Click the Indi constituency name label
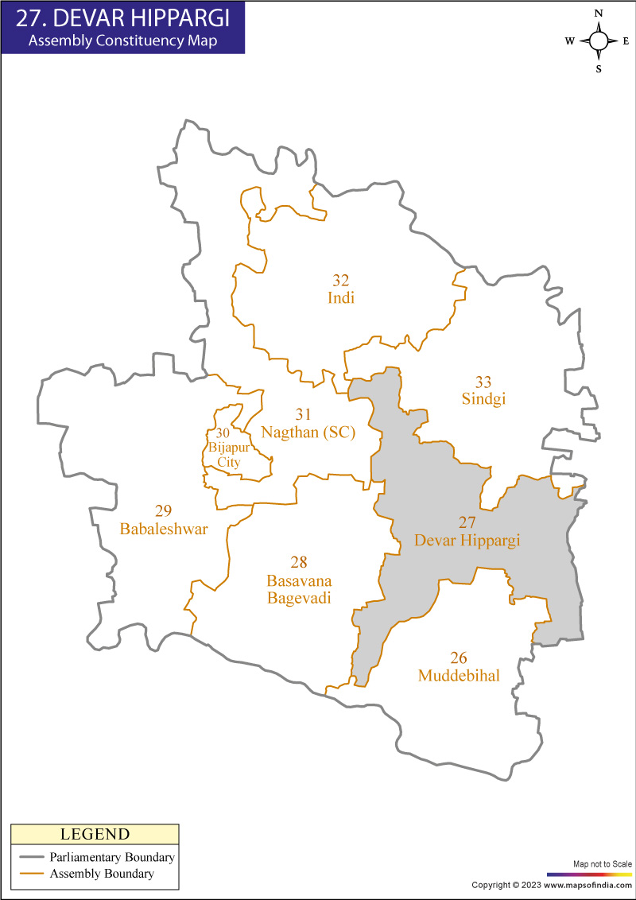[x=340, y=298]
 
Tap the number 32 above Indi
[x=340, y=281]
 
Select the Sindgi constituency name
[x=483, y=399]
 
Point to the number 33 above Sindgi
[x=483, y=382]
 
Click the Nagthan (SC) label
[x=308, y=432]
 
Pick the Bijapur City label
[x=223, y=454]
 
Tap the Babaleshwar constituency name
[x=164, y=528]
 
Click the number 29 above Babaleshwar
[x=164, y=510]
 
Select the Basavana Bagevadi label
[x=299, y=589]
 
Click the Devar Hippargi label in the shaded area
[x=467, y=540]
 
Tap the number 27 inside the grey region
[x=467, y=522]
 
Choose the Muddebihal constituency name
[x=459, y=676]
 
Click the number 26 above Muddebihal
[x=459, y=658]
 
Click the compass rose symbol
[x=599, y=41]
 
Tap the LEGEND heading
[x=95, y=834]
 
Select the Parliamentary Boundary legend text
[x=112, y=858]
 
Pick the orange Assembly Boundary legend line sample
[x=31, y=874]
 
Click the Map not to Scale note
[x=602, y=863]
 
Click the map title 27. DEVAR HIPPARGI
[x=122, y=17]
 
